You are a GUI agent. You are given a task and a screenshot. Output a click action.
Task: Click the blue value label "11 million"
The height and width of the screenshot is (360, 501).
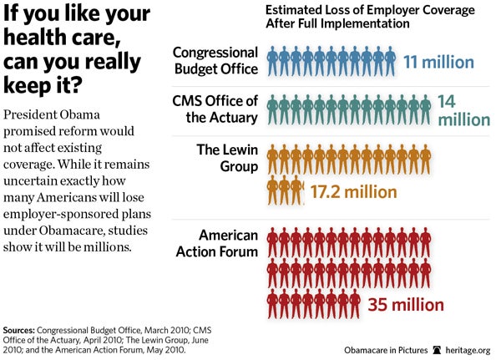(x=438, y=62)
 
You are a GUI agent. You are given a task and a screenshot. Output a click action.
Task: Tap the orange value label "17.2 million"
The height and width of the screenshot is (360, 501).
(x=353, y=191)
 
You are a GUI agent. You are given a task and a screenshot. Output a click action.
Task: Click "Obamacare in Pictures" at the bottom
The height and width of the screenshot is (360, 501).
(x=385, y=349)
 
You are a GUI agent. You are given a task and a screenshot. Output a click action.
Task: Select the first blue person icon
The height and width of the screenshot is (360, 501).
(x=272, y=61)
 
